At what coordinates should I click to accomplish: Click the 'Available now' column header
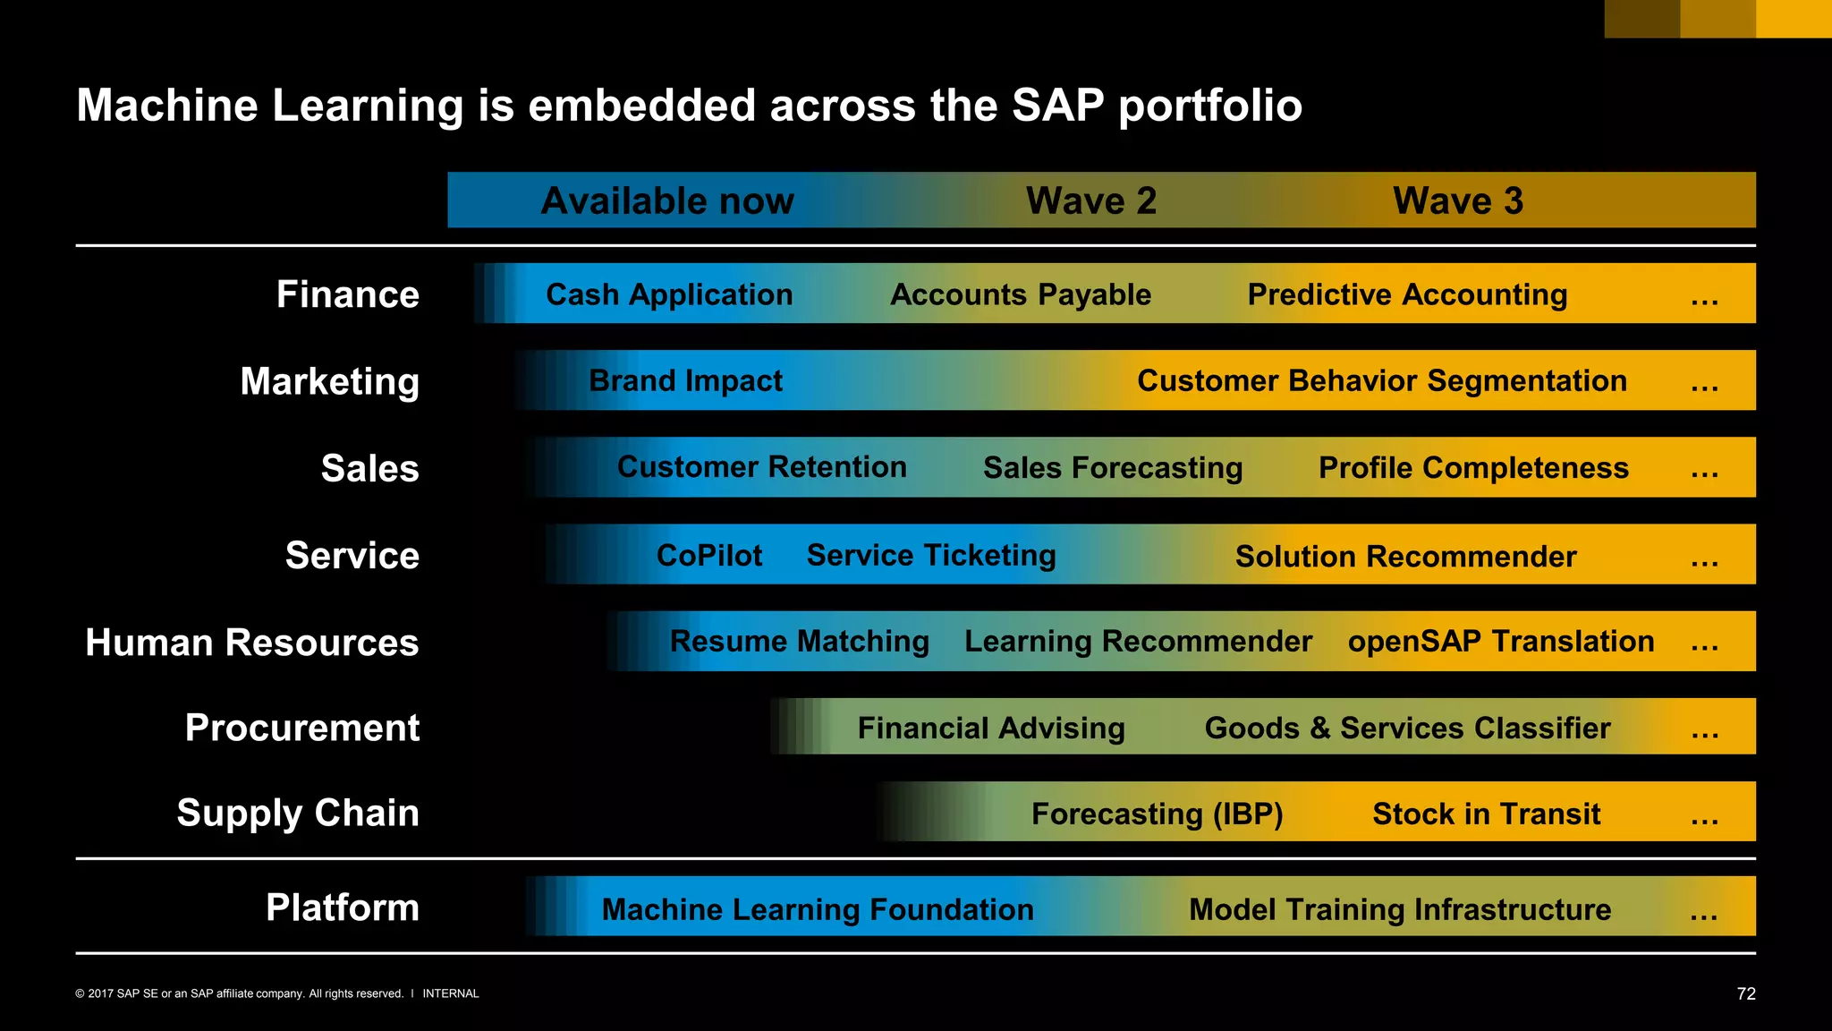[x=667, y=200]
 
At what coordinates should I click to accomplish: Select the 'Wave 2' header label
[x=1090, y=200]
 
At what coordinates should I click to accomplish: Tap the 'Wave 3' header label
[x=1457, y=200]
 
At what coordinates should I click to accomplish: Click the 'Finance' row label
[x=347, y=294]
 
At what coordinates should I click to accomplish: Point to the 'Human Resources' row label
[x=251, y=643]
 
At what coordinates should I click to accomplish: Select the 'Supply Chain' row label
[x=297, y=813]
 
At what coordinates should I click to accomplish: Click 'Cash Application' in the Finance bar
[x=669, y=294]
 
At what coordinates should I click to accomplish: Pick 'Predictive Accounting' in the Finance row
[x=1407, y=294]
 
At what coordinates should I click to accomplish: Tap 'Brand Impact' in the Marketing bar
[x=685, y=381]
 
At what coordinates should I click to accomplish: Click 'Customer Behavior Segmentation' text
[x=1381, y=381]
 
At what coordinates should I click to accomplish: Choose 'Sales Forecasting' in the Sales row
[x=1113, y=468]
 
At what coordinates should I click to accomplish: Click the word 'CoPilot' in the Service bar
[x=709, y=556]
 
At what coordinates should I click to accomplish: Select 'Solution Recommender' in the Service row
[x=1405, y=557]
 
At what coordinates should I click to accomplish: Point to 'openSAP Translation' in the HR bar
[x=1501, y=642]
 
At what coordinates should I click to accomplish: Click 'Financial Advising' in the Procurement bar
[x=991, y=729]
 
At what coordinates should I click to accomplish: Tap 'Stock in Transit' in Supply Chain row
[x=1486, y=814]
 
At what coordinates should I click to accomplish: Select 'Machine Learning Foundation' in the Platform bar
[x=818, y=909]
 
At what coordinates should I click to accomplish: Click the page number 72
[x=1745, y=993]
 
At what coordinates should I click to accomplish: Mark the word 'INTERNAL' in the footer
[x=451, y=993]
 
